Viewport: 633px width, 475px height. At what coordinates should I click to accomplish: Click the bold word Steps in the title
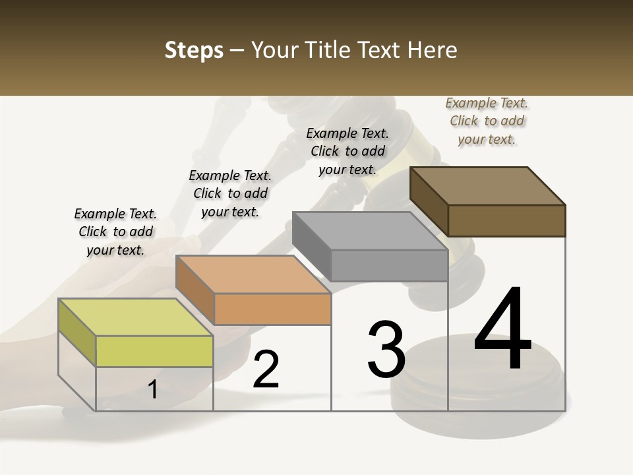194,50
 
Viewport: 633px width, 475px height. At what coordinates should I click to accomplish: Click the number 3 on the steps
386,350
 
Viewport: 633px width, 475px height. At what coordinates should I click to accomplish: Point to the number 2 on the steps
266,369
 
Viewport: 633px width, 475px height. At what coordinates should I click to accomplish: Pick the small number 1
153,390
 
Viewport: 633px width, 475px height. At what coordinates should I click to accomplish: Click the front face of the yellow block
154,351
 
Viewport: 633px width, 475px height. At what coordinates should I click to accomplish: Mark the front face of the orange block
272,309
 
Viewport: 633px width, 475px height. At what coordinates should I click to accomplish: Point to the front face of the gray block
389,265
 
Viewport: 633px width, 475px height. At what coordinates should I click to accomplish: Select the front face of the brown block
506,220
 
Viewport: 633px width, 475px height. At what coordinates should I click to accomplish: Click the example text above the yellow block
115,232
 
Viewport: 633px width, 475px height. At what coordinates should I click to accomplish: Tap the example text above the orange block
230,193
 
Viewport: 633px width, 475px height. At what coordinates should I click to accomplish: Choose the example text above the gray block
347,151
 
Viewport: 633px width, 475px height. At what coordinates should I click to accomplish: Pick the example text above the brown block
487,121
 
